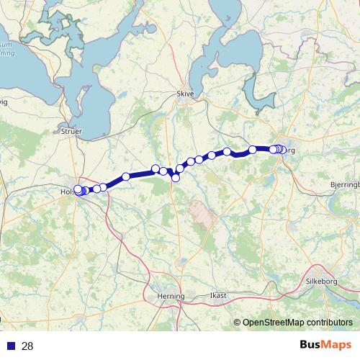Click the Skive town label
(185, 94)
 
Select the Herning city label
(171, 296)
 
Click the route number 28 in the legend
(28, 346)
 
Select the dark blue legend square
(8, 346)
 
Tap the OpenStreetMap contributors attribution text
(295, 322)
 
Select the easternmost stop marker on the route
(283, 150)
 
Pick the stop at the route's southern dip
(176, 177)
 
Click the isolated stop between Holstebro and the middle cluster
(126, 176)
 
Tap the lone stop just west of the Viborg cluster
(253, 150)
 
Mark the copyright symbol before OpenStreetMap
(238, 322)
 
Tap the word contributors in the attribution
(328, 322)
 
